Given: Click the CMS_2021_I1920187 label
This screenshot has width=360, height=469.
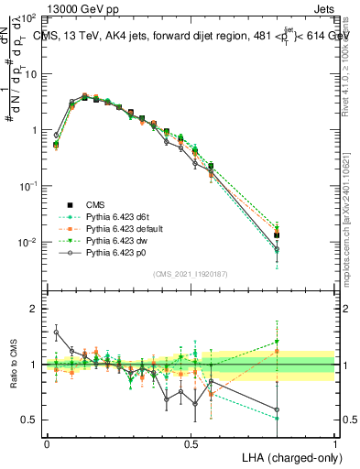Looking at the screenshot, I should tap(191, 274).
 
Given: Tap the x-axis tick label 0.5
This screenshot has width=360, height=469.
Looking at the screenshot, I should tap(191, 442).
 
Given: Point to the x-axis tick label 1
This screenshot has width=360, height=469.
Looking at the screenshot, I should tap(335, 442).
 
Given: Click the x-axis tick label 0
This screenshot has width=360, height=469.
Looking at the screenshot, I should tap(47, 442).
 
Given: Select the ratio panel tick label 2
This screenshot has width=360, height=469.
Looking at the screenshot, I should tap(33, 309).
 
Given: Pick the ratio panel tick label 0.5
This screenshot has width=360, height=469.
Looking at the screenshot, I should tap(29, 420).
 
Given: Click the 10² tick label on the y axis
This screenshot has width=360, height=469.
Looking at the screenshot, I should tap(29, 18).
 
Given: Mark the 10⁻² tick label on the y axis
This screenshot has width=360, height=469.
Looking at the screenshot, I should tap(29, 243).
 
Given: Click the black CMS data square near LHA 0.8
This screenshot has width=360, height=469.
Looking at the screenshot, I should tap(277, 235).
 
